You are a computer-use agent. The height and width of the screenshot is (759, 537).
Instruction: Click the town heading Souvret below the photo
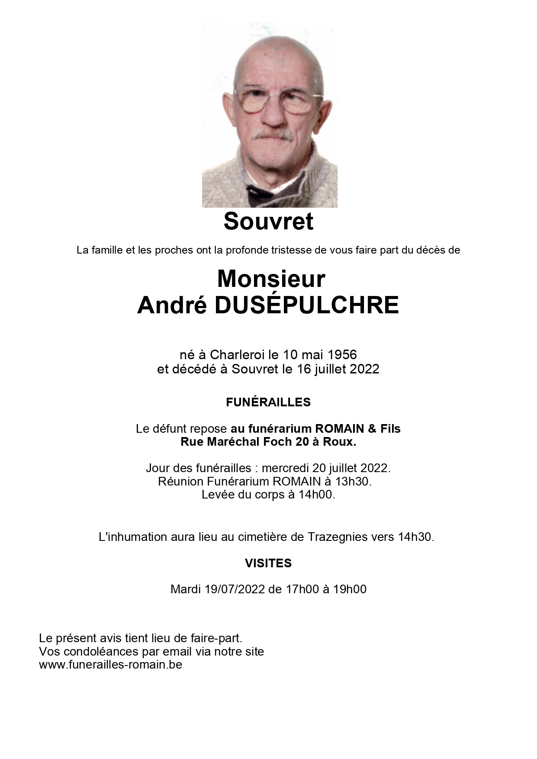pos(268,222)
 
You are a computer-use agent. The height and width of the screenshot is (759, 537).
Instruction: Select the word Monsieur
pos(271,279)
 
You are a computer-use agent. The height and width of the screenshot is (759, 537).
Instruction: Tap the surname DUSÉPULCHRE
pos(306,305)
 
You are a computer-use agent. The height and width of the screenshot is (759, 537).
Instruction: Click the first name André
pos(172,305)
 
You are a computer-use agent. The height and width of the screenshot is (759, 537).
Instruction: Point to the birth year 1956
pos(342,355)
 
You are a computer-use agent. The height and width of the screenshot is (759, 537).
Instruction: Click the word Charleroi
pos(237,355)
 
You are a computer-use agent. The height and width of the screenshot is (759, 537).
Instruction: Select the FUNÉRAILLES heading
pos(268,402)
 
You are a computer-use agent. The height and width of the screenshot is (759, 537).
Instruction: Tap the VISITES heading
pos(268,563)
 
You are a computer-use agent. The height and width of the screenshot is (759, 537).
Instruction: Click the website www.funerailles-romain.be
pos(110,665)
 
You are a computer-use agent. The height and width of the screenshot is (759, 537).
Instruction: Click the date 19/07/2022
pos(235,589)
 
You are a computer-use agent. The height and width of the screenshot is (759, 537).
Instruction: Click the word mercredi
pos(285,468)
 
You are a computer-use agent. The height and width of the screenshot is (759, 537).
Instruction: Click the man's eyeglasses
pos(277,101)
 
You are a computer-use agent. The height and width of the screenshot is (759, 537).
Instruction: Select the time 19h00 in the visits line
pos(350,589)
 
